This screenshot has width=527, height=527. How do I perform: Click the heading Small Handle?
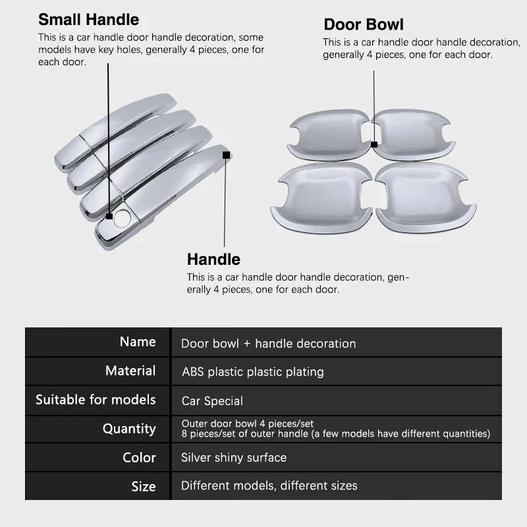(88, 20)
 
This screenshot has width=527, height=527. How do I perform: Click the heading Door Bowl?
(363, 25)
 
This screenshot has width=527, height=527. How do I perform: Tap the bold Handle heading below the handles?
(213, 259)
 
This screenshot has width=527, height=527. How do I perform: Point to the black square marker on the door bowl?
(374, 144)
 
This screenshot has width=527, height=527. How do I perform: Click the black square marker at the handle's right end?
(226, 155)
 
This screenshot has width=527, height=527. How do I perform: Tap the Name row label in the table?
(138, 342)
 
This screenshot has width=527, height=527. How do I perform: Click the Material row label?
(130, 371)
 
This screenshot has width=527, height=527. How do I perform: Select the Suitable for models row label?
(96, 400)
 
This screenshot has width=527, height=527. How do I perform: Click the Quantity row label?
(129, 429)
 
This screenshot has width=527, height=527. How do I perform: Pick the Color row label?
(139, 457)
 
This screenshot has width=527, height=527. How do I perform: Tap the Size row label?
(143, 487)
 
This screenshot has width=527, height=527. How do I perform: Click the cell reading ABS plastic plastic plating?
(252, 372)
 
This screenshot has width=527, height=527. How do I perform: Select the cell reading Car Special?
(212, 401)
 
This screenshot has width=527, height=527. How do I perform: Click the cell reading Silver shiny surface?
(234, 457)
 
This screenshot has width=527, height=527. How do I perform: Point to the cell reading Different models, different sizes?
(269, 486)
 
